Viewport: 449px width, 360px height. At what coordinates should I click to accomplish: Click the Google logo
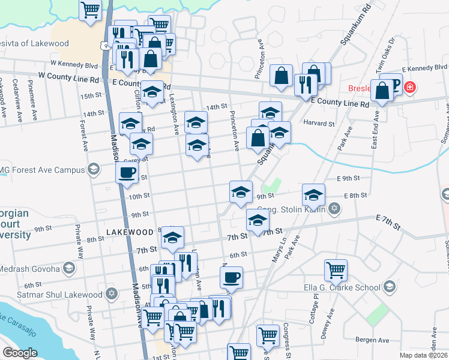(x=20, y=353)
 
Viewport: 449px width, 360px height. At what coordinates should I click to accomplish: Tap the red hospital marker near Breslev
(x=410, y=88)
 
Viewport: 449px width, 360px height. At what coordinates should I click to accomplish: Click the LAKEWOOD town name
(x=129, y=232)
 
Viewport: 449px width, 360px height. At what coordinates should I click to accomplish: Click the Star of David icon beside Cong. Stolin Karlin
(x=334, y=209)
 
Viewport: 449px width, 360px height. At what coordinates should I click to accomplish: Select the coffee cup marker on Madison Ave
(x=127, y=172)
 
